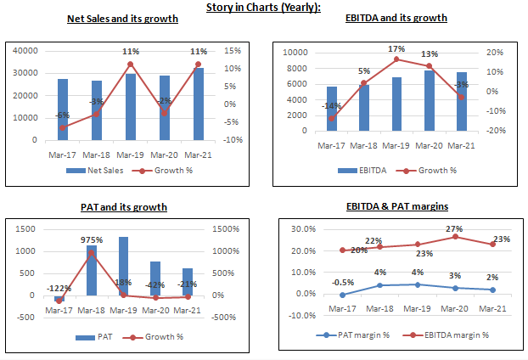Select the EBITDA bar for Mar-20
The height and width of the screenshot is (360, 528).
[x=429, y=101]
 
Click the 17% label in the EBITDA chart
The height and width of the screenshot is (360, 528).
[x=396, y=49]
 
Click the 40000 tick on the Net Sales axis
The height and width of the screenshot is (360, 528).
[x=26, y=51]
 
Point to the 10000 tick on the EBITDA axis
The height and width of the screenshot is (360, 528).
[x=295, y=52]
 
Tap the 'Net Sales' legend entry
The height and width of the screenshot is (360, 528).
[x=98, y=170]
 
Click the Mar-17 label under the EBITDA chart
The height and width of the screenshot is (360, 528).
[x=332, y=145]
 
